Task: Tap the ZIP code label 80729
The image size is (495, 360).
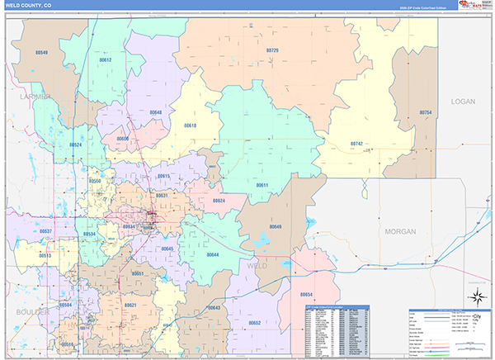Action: tap(272, 50)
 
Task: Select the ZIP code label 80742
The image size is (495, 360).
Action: tap(356, 144)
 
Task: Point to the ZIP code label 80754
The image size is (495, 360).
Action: tap(426, 111)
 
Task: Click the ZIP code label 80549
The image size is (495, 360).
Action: tap(41, 52)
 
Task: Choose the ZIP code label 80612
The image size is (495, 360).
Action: tap(105, 60)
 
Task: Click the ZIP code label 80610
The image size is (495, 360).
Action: tap(190, 126)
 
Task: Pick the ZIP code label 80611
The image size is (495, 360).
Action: tap(262, 185)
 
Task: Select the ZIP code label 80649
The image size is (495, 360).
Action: tap(276, 226)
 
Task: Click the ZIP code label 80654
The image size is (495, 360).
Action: tap(306, 295)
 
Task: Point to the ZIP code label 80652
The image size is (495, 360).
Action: tap(255, 323)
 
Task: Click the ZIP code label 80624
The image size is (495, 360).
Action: tap(218, 201)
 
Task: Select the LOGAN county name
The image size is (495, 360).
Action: tap(464, 101)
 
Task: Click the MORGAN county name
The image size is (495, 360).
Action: tap(400, 232)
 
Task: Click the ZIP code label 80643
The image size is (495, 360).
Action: tap(214, 307)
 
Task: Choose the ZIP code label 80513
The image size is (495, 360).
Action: tap(45, 256)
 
